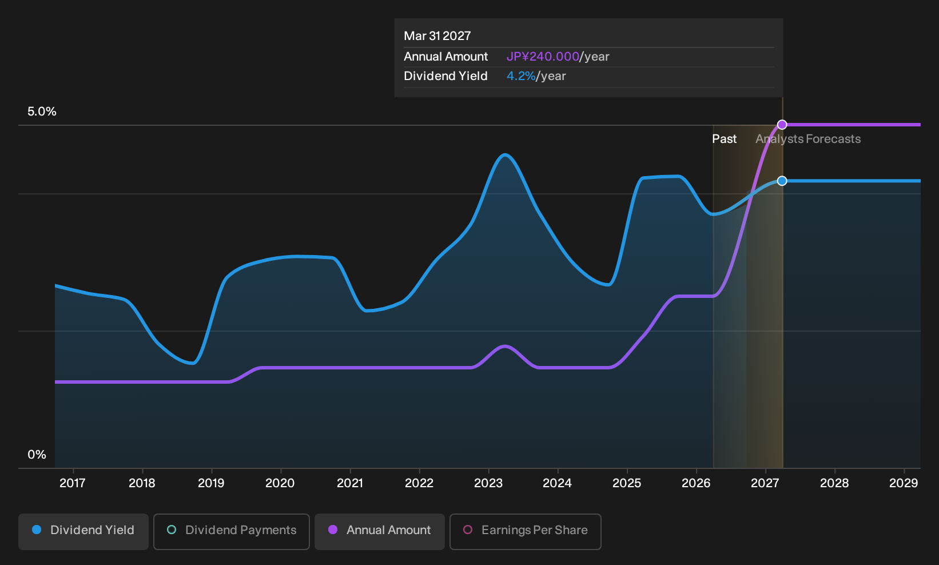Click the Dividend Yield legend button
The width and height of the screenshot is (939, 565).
coord(83,531)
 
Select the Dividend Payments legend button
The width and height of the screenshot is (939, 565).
coord(232,531)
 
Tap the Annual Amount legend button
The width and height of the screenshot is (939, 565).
coord(379,531)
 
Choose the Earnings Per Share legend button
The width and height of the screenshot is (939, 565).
coord(525,531)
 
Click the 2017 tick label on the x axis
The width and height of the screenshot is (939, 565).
coord(73,483)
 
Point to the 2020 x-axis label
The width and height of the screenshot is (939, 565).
coord(280,483)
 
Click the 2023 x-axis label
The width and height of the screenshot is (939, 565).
coord(488,483)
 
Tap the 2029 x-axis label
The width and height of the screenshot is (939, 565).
coord(904,483)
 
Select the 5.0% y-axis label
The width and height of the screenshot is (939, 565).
coord(42,112)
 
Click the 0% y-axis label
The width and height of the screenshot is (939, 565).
coord(37,455)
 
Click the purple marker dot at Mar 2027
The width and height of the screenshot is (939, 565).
coord(782,125)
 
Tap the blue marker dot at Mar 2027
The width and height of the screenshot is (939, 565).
coord(782,181)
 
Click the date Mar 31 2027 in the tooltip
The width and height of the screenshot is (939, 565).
coord(437,36)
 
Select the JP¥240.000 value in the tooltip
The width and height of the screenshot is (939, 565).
coord(543,57)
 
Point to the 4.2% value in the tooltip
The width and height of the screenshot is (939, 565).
coord(521,76)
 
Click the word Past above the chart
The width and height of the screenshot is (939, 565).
coord(725,139)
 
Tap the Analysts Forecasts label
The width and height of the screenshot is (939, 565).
coord(808,139)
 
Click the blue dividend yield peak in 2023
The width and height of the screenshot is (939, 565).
coord(505,155)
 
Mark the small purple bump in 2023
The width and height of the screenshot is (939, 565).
coord(505,346)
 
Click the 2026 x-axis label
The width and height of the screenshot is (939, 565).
coord(696,483)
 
